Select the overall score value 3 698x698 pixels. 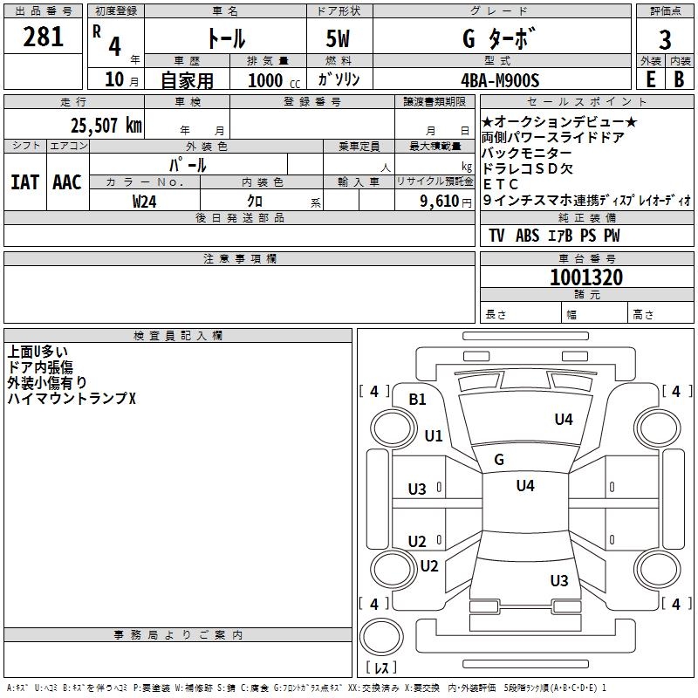665,40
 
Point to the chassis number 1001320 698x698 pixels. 586,277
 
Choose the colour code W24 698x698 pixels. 146,201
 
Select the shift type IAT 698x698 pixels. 24,182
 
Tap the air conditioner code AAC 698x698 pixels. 66,182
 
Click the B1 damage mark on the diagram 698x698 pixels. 418,400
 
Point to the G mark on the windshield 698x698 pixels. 499,460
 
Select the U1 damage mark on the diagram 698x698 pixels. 434,435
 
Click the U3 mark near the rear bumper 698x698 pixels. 559,580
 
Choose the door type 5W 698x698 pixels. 339,39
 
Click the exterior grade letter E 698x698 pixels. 650,79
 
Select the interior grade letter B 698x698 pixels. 679,79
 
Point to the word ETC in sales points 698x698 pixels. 501,184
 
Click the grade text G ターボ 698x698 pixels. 496,39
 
